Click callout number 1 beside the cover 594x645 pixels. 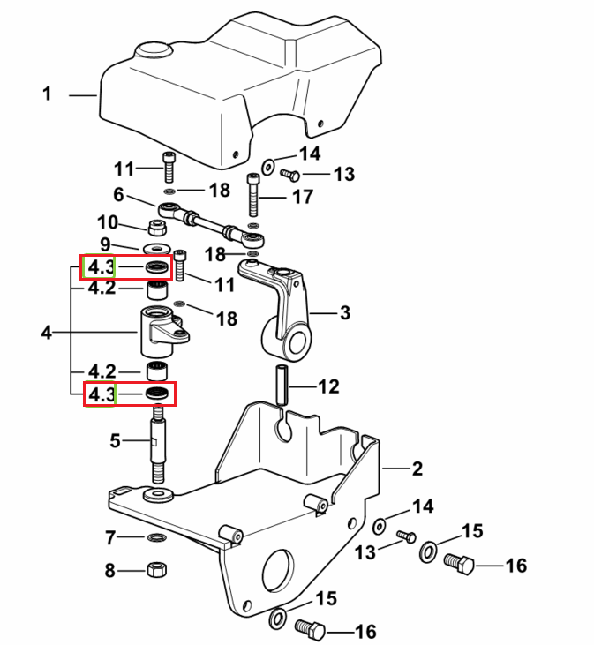47,94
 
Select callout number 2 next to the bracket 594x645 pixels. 417,469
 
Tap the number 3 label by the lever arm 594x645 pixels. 345,312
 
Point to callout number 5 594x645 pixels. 115,440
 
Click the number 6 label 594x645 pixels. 118,195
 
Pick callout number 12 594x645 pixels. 328,386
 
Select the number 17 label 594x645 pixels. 303,197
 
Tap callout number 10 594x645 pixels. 108,222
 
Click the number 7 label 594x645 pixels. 110,537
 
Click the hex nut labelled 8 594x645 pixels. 157,570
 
